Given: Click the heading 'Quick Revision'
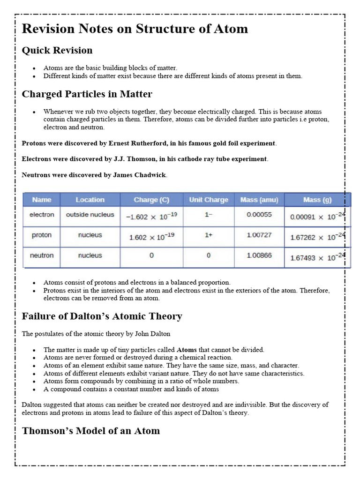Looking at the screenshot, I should tap(57, 50).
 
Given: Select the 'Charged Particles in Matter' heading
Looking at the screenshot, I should tap(87, 94).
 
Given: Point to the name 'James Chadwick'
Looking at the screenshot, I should tap(140, 175).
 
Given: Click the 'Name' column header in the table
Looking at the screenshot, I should tap(42, 200).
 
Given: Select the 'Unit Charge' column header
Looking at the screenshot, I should tap(208, 200).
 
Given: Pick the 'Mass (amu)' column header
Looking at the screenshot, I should tap(259, 200).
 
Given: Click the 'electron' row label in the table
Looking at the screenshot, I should tap(42, 215).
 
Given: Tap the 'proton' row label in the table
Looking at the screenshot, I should tap(42, 235).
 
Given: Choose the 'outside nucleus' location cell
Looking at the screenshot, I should tap(90, 215).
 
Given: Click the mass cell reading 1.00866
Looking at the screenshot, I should tap(259, 255).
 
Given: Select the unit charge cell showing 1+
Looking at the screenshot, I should tap(208, 235).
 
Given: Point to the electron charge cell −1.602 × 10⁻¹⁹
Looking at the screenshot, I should tap(151, 217).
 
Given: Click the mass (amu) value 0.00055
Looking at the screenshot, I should tap(259, 215).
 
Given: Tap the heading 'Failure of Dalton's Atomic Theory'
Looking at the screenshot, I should tap(102, 316).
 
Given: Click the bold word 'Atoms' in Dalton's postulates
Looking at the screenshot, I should tap(187, 350).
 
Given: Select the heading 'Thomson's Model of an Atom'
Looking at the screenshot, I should tap(91, 430).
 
